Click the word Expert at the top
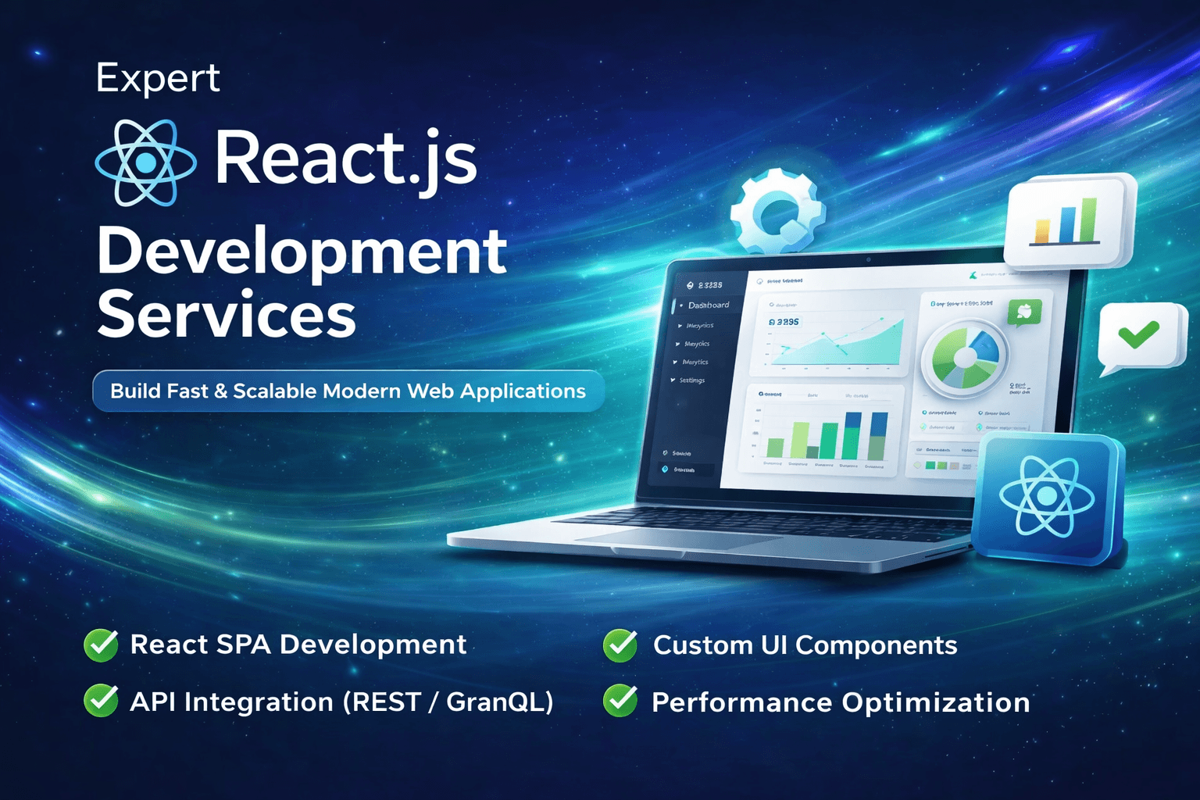click(x=158, y=78)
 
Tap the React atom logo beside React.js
click(x=145, y=162)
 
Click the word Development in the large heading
click(x=302, y=252)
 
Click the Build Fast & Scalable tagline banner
click(x=348, y=391)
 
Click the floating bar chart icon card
click(x=1068, y=220)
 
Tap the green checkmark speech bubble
click(x=1140, y=336)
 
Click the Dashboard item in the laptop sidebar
click(x=708, y=305)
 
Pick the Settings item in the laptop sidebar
click(x=691, y=380)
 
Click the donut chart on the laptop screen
click(x=964, y=358)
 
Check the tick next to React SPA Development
click(x=101, y=645)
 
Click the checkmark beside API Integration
click(x=101, y=701)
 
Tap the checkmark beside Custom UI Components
click(x=620, y=645)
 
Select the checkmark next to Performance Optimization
click(x=620, y=701)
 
